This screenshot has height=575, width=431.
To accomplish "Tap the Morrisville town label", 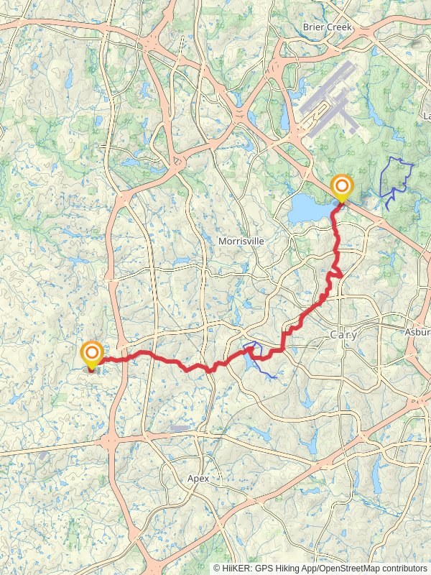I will click(241, 241).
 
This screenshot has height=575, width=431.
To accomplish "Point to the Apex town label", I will click(198, 478).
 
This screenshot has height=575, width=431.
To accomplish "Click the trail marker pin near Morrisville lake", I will click(341, 188).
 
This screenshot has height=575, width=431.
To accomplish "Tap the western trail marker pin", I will click(92, 354).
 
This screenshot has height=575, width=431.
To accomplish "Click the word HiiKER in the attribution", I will click(236, 568).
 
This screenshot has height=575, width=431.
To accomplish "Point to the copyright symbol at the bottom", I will click(216, 568).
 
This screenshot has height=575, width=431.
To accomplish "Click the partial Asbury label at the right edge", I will click(417, 332).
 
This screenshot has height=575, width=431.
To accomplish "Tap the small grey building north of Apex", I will click(180, 428).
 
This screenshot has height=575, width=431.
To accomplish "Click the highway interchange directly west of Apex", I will click(108, 441).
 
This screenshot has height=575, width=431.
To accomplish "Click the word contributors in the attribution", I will click(403, 568).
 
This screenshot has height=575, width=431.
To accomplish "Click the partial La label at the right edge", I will click(427, 116).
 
